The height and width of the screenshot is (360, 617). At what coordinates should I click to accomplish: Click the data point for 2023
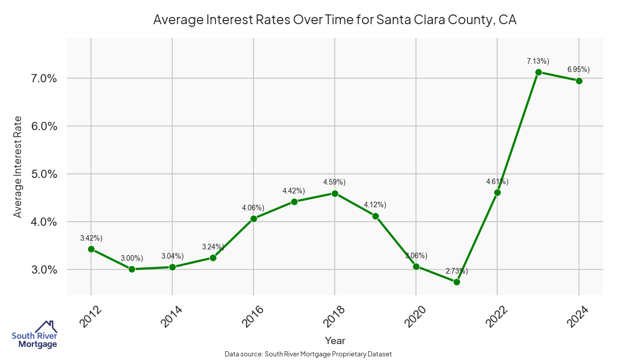[538, 72]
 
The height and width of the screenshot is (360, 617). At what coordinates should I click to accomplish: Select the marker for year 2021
[457, 282]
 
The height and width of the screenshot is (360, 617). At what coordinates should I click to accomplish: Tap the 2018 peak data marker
[335, 193]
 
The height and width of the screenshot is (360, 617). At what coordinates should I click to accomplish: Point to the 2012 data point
[91, 249]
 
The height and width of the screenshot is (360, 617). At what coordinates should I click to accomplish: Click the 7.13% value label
[538, 61]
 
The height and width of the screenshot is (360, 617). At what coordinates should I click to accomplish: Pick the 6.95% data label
[578, 69]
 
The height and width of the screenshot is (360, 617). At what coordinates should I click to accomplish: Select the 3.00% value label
[132, 258]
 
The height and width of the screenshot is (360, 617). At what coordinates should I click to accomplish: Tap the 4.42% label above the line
[294, 191]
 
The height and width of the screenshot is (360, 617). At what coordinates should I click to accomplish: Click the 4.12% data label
[375, 205]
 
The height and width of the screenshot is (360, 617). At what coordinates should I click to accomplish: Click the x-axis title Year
[335, 340]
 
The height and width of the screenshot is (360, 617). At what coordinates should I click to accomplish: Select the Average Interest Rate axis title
[18, 167]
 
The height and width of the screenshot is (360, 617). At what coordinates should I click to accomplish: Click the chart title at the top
[335, 20]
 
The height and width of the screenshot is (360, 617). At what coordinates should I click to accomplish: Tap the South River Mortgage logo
[34, 334]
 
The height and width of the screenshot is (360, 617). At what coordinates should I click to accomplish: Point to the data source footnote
[308, 354]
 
